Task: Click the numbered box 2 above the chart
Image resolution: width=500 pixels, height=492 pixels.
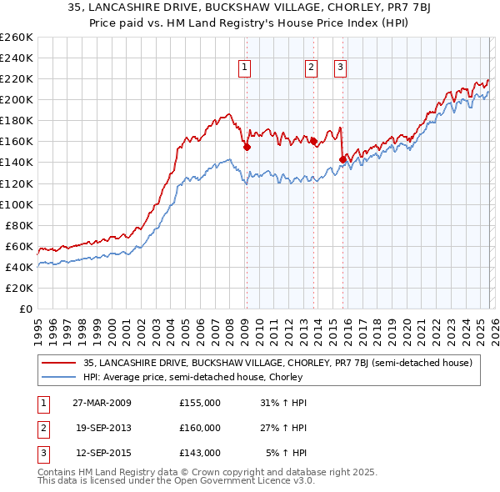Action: click(x=311, y=68)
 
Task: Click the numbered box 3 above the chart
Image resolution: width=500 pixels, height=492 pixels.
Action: click(x=341, y=68)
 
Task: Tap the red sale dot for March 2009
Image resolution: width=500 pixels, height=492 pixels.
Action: click(x=247, y=147)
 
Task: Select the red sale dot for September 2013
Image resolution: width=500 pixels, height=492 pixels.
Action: click(x=312, y=142)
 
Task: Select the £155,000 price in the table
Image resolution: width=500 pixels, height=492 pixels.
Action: click(x=199, y=402)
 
